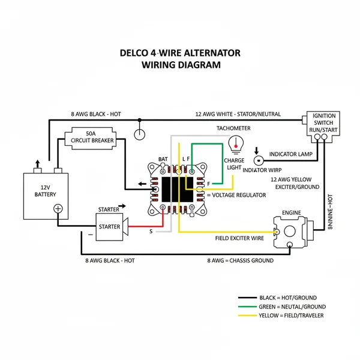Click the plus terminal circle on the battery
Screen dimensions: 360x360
(x=58, y=209)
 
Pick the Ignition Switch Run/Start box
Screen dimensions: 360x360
(x=324, y=122)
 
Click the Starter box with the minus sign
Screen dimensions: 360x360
(x=108, y=226)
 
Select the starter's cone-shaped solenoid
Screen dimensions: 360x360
(x=126, y=227)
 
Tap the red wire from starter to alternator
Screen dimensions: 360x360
(x=146, y=227)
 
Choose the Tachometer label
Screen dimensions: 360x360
(x=233, y=128)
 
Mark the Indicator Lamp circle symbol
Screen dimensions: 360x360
(x=259, y=161)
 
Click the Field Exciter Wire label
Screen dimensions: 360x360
(x=239, y=238)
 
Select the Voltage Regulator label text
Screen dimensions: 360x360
(x=236, y=196)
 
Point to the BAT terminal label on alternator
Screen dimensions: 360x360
(x=163, y=159)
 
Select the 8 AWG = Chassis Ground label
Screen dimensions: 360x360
(x=240, y=260)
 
